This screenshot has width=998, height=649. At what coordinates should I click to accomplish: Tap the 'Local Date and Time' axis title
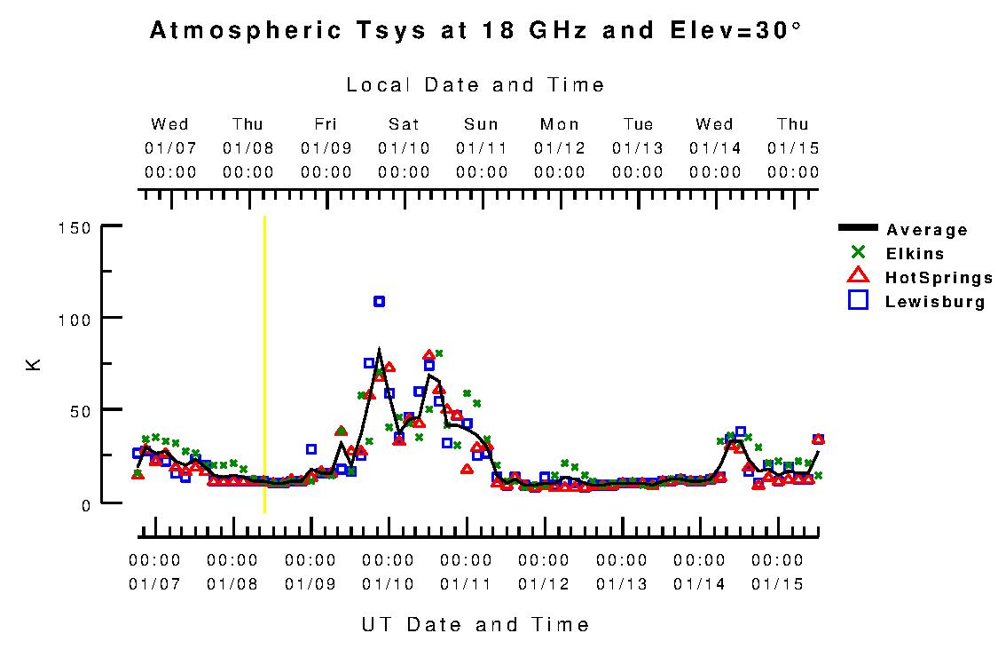tap(475, 85)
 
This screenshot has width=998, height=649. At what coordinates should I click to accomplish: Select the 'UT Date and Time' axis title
tap(475, 625)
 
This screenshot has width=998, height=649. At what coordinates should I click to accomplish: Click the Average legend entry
tap(926, 231)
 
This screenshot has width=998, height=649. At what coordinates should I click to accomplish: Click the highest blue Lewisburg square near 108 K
tap(380, 302)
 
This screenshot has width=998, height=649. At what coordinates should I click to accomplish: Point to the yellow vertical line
tap(264, 364)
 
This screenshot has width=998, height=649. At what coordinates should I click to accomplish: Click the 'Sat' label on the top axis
tap(404, 124)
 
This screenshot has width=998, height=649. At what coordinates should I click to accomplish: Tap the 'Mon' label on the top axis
tap(560, 124)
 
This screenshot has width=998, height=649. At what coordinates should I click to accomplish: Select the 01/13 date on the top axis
tap(638, 147)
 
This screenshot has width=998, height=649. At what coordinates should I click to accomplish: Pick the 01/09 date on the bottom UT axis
tap(310, 584)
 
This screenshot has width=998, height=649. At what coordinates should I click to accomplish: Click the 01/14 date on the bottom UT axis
tap(699, 584)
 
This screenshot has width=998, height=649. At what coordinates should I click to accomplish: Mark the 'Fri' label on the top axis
tap(326, 124)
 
